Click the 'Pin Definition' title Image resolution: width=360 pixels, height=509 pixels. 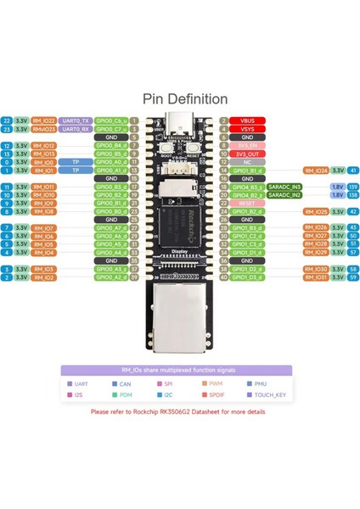click(x=180, y=99)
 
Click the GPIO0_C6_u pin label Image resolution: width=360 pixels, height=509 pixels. click(x=111, y=120)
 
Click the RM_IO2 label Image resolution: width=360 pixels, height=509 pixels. click(x=43, y=277)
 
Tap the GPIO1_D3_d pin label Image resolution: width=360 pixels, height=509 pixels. click(x=247, y=277)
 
